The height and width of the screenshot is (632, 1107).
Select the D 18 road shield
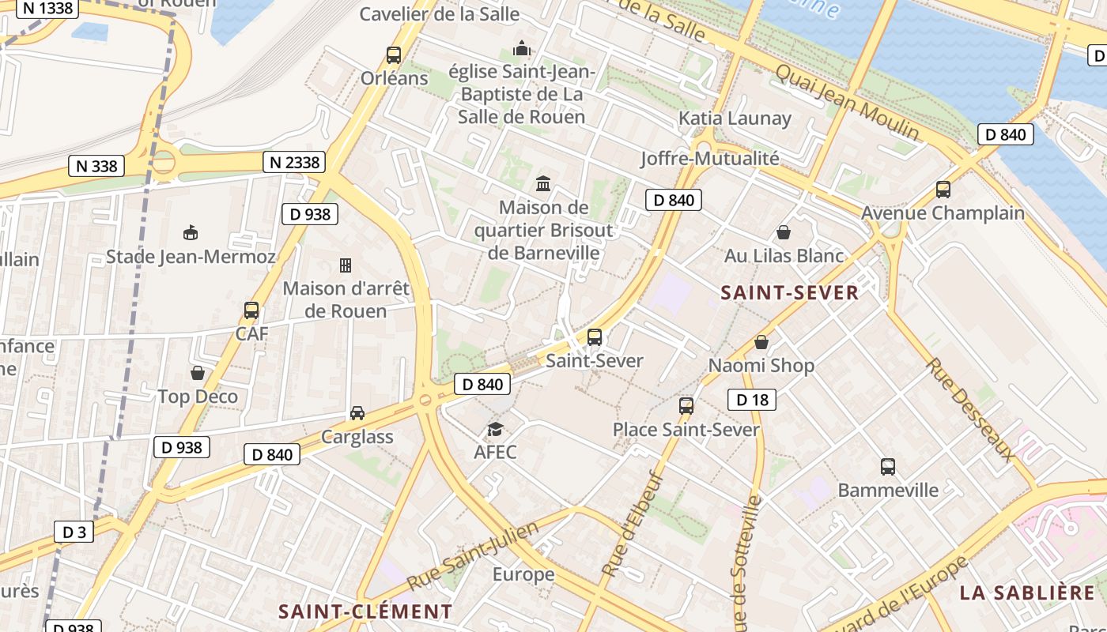tap(752, 400)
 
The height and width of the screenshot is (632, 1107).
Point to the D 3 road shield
tap(74, 532)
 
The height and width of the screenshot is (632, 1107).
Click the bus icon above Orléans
tap(393, 55)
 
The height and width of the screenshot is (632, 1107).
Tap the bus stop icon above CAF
tap(251, 310)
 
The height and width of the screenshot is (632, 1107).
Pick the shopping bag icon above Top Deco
tap(198, 372)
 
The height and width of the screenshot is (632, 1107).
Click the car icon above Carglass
tap(357, 413)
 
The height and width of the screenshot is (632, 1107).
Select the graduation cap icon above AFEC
tap(495, 429)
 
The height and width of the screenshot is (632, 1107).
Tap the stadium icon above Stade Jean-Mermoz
tap(191, 233)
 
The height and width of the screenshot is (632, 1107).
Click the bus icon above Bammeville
tap(888, 467)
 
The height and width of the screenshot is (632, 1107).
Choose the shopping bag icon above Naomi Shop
tap(761, 342)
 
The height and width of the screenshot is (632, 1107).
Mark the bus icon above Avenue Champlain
tap(943, 190)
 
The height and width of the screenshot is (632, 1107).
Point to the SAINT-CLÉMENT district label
tap(365, 611)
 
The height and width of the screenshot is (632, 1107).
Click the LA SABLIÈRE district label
tap(1027, 593)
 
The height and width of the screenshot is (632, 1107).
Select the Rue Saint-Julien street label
tap(473, 555)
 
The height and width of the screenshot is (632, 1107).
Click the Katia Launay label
tap(735, 118)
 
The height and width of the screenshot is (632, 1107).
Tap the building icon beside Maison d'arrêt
tap(346, 265)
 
